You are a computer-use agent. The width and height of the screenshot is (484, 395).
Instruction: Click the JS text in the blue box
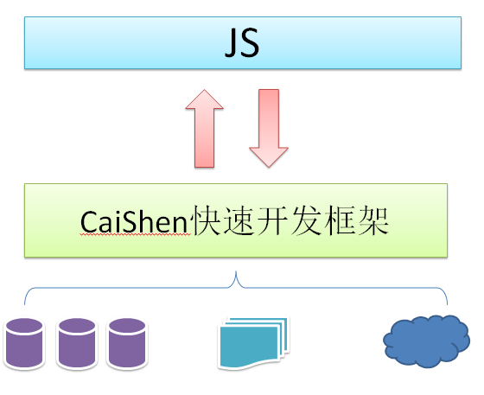tap(242, 43)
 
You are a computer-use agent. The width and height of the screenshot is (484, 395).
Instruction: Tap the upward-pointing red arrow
tap(204, 129)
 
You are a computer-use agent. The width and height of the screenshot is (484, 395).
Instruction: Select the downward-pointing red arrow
tap(269, 129)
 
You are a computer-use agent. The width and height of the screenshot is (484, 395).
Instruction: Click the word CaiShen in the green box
tap(134, 222)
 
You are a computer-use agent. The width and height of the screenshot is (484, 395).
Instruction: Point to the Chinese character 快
tap(205, 220)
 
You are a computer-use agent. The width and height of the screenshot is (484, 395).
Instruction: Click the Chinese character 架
tap(373, 220)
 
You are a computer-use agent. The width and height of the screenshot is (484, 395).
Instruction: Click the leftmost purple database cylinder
tap(24, 343)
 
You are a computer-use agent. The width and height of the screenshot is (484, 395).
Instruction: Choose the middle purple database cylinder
tap(77, 343)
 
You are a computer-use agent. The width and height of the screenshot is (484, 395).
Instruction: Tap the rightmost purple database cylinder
tap(127, 343)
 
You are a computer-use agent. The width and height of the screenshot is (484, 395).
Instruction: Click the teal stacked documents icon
tap(253, 343)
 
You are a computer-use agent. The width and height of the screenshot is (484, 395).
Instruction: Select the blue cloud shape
tap(427, 341)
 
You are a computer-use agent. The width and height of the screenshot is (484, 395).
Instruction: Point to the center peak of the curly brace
tap(236, 272)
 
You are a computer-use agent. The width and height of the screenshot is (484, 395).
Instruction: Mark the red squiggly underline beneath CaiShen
tap(135, 235)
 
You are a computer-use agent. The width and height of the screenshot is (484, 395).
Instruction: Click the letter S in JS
tap(249, 43)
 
